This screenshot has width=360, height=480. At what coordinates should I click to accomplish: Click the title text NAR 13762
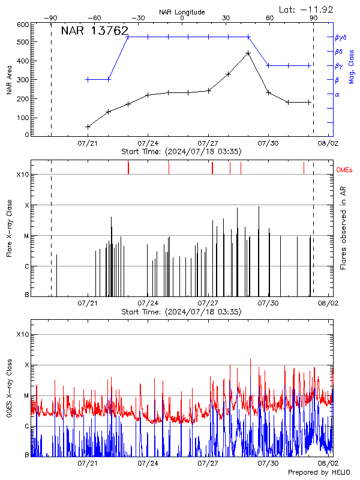(x=95, y=31)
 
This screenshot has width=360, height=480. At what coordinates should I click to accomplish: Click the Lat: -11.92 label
(x=307, y=9)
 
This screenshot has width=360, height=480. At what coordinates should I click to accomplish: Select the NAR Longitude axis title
(x=182, y=12)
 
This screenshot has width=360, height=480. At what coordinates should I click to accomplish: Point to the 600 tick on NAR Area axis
(x=23, y=25)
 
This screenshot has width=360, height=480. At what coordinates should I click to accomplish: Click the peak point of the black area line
(x=248, y=53)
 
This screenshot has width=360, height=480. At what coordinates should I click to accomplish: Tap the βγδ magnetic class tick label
(x=340, y=37)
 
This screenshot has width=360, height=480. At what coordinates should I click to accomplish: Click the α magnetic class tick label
(x=337, y=94)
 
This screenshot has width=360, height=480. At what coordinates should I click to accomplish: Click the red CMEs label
(x=345, y=170)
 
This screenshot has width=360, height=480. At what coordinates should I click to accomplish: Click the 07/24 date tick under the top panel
(x=148, y=143)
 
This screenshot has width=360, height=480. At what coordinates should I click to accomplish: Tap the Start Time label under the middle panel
(x=181, y=312)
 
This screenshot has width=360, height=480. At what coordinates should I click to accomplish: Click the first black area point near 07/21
(x=88, y=127)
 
